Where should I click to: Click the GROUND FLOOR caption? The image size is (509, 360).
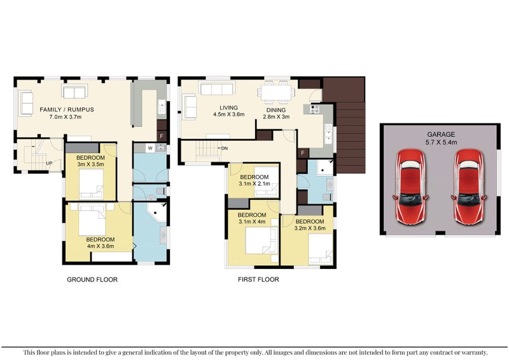coord(92,279)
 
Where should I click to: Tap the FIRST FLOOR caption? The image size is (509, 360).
coord(258,279)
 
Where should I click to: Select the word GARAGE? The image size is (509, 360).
coord(440,134)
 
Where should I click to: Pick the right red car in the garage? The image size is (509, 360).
coord(470,186)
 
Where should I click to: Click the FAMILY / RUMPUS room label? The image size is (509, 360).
coord(67,109)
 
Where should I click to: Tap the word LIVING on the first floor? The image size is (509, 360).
coord(228,108)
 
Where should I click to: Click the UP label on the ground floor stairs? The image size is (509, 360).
coord(50,163)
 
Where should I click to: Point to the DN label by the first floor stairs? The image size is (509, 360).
coord(224,148)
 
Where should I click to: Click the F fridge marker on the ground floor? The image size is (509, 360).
coord(162,136)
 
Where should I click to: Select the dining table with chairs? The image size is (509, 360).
coord(275,93)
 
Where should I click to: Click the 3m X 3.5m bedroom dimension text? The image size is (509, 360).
coord(90,164)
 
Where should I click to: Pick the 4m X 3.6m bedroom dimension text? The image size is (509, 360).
coord(101,247)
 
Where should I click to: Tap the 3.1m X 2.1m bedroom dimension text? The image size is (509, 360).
coord(254,184)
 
